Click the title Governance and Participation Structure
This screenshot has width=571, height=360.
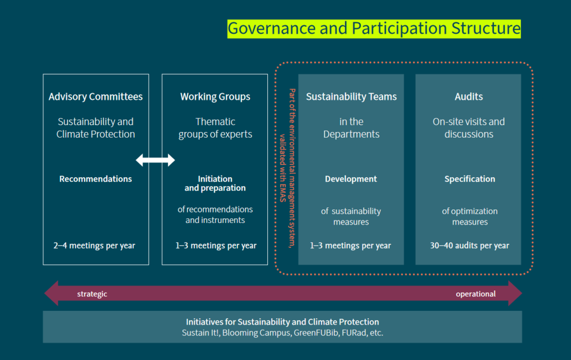pyautogui.click(x=374, y=28)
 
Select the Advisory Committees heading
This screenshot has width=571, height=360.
pyautogui.click(x=96, y=97)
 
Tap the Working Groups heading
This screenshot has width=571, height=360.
pyautogui.click(x=215, y=97)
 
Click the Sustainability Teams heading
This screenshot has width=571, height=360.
pyautogui.click(x=351, y=97)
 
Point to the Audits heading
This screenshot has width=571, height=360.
pyautogui.click(x=469, y=97)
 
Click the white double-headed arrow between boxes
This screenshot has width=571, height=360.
pyautogui.click(x=155, y=160)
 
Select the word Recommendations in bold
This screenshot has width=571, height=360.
pyautogui.click(x=96, y=179)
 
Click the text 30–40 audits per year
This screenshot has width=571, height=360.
pyautogui.click(x=469, y=246)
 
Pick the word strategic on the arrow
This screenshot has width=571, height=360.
pyautogui.click(x=92, y=294)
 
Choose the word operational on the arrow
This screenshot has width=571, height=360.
pyautogui.click(x=476, y=294)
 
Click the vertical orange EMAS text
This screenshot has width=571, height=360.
pyautogui.click(x=288, y=169)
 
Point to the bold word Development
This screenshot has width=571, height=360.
pyautogui.click(x=351, y=179)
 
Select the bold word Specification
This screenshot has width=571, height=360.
pyautogui.click(x=470, y=179)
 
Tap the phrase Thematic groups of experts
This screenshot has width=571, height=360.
pyautogui.click(x=215, y=128)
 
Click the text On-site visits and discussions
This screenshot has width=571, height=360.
pyautogui.click(x=469, y=128)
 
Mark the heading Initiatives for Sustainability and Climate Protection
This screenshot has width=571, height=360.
pyautogui.click(x=283, y=322)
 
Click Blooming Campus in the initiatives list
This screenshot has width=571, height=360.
pyautogui.click(x=258, y=333)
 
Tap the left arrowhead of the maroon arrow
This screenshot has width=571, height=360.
pyautogui.click(x=51, y=293)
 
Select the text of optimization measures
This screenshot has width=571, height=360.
pyautogui.click(x=470, y=217)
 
